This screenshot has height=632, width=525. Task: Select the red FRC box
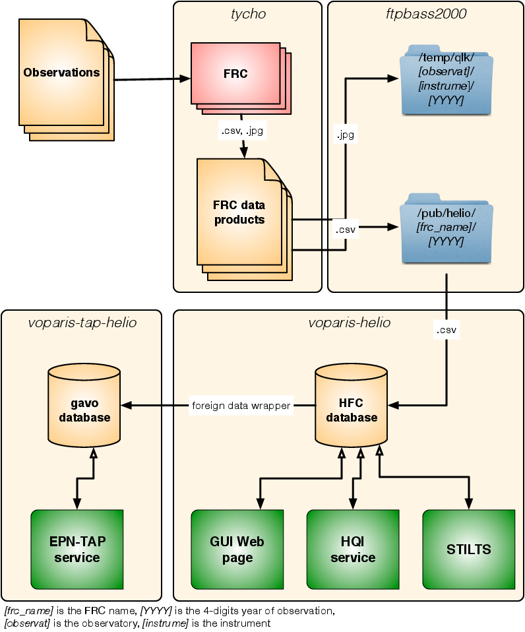point(235,74)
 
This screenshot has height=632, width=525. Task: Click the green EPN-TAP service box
point(77,549)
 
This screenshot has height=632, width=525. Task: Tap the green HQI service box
point(353,549)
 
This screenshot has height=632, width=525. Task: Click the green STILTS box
point(468,549)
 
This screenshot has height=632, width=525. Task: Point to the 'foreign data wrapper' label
point(241,406)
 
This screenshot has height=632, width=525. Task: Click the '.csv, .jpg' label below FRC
point(243,131)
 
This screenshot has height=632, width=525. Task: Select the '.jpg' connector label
point(345,135)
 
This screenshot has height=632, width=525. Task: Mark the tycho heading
point(247,13)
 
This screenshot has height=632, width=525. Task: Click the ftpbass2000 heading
point(425,13)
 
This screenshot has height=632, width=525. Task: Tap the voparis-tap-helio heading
point(82,323)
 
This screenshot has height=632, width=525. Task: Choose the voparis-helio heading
point(349,323)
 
